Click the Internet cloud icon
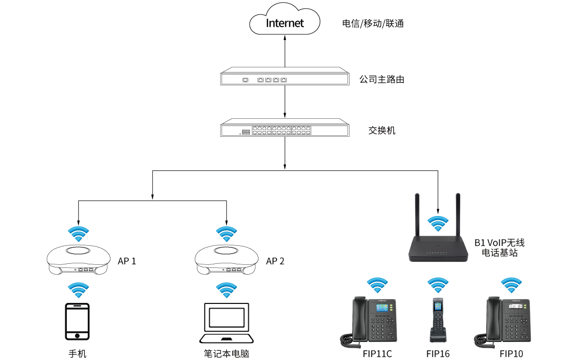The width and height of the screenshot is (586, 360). [x=285, y=21]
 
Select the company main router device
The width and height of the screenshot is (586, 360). [x=285, y=77]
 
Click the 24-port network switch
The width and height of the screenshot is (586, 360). [x=285, y=128]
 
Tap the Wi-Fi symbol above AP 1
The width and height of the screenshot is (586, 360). [x=78, y=233]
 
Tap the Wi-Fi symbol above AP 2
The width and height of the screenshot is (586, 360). [x=226, y=233]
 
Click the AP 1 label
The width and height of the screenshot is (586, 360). [x=127, y=261]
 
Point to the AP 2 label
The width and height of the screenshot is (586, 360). [x=275, y=261]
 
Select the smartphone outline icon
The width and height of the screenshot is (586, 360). [x=77, y=321]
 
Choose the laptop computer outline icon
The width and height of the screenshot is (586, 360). [x=227, y=323]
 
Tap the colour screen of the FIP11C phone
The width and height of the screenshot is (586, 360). [x=382, y=308]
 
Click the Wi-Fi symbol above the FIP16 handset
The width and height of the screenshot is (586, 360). [x=438, y=285]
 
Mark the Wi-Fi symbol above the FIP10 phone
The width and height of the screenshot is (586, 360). [x=511, y=285]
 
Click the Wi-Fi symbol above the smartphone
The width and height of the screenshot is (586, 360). [x=78, y=290]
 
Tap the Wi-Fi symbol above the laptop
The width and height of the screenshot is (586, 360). [x=226, y=290]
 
